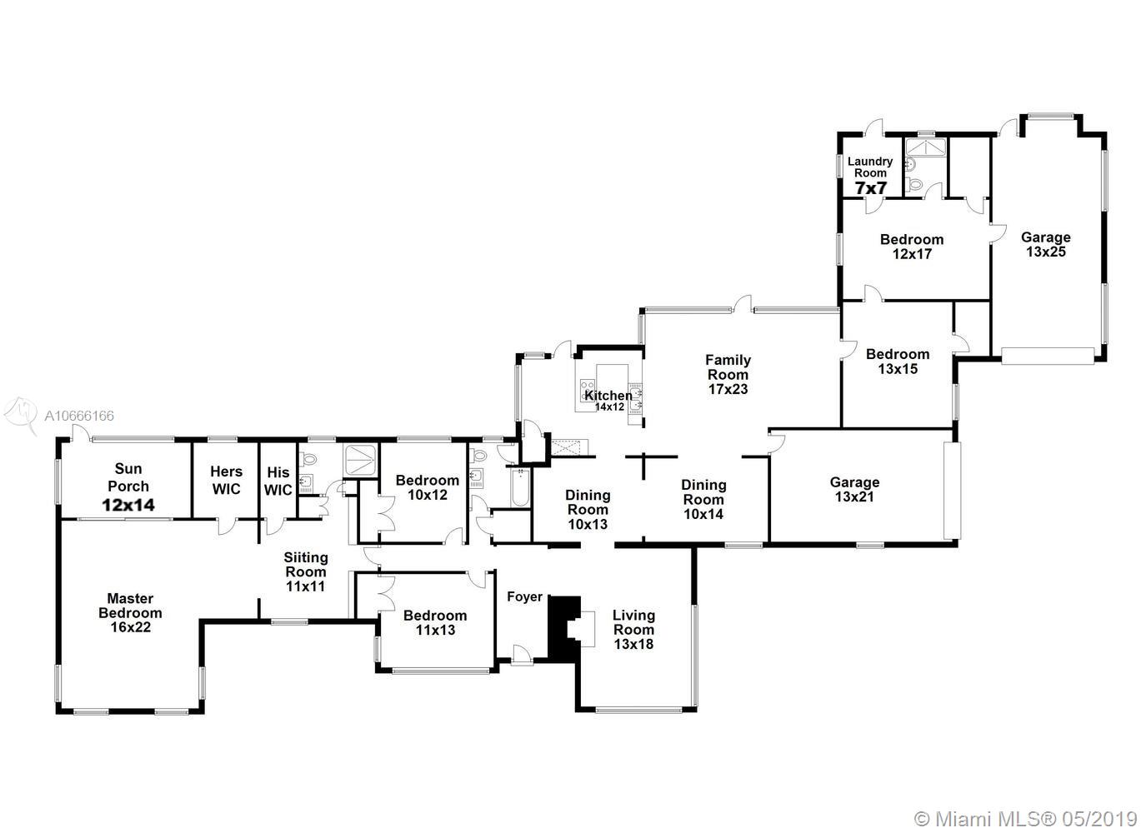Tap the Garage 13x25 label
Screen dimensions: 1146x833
pyautogui.click(x=1046, y=244)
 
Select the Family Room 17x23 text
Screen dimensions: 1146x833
pyautogui.click(x=728, y=374)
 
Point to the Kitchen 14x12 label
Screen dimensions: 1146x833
pyautogui.click(x=608, y=401)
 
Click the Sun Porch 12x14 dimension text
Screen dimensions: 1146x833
pyautogui.click(x=128, y=506)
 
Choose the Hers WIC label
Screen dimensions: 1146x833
pyautogui.click(x=226, y=480)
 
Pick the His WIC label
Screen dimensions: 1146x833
pyautogui.click(x=278, y=481)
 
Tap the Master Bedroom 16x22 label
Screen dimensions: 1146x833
pyautogui.click(x=131, y=612)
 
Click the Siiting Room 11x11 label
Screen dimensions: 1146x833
pyautogui.click(x=306, y=571)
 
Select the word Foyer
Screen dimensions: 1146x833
pyautogui.click(x=525, y=596)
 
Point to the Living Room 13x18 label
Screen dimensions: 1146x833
pyautogui.click(x=634, y=630)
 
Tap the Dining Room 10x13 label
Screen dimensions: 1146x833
pyautogui.click(x=588, y=509)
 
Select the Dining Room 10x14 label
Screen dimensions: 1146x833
pyautogui.click(x=703, y=499)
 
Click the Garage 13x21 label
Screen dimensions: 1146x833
pyautogui.click(x=854, y=489)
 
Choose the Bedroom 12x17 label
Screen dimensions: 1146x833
pyautogui.click(x=912, y=247)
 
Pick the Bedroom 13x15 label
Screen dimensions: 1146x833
pyautogui.click(x=898, y=362)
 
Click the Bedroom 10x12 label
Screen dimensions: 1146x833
pyautogui.click(x=428, y=487)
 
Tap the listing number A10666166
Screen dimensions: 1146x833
pyautogui.click(x=79, y=416)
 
